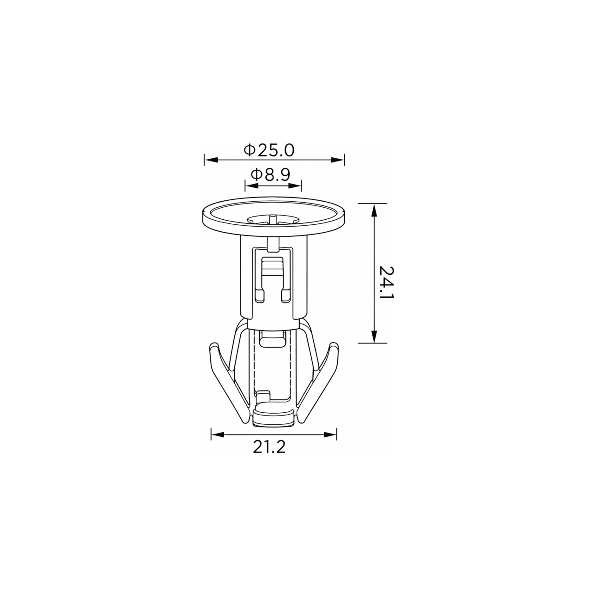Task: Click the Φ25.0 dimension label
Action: pos(269,150)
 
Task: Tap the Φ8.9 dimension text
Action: pos(271,175)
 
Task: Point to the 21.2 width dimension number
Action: pos(269,447)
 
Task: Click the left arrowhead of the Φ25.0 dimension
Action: pos(211,160)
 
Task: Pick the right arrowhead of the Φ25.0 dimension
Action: pos(338,160)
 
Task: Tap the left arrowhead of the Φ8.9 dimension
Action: pos(252,186)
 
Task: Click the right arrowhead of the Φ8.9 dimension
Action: pos(295,186)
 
